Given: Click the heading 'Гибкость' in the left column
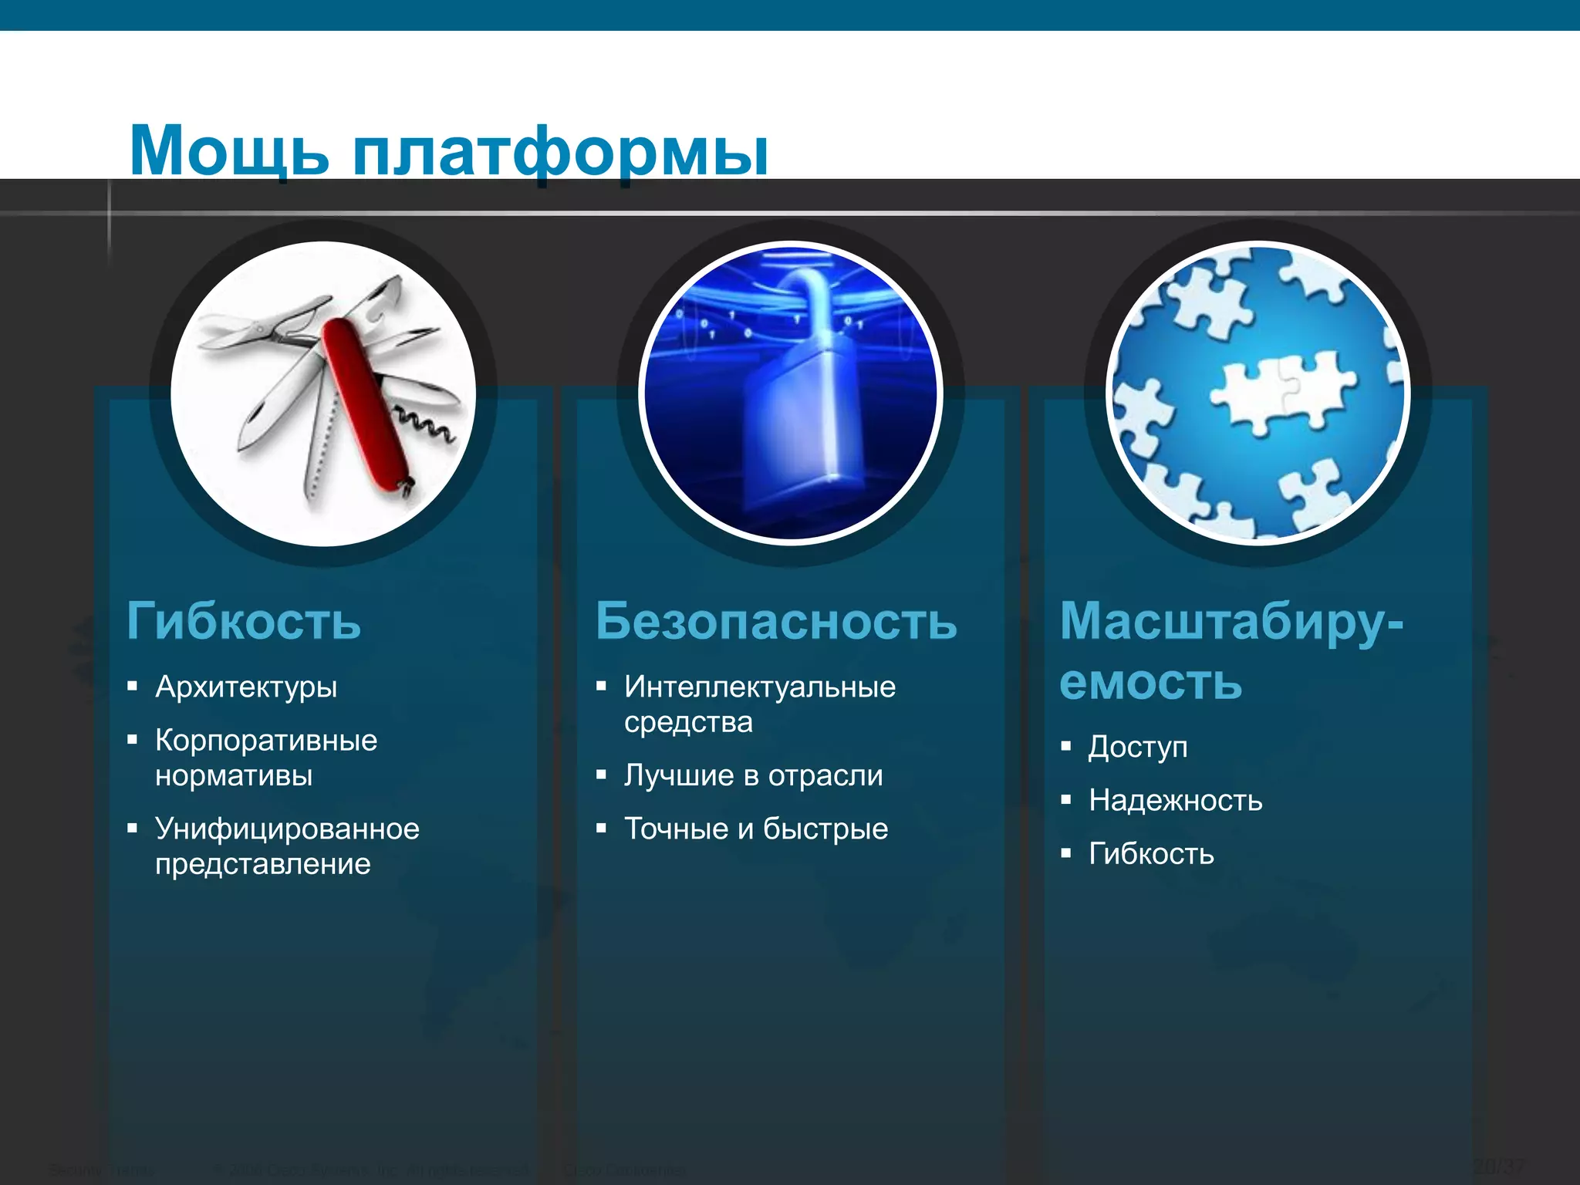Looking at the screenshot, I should click(x=244, y=620).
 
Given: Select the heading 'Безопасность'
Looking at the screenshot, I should click(x=776, y=620).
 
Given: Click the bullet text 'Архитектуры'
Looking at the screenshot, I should click(x=246, y=687).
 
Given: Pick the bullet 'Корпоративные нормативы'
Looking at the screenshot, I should click(x=266, y=758).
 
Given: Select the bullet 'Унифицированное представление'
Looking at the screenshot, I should click(x=287, y=846).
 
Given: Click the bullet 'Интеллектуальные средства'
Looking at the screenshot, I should click(x=759, y=704).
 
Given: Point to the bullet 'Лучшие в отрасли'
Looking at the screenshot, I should click(x=753, y=775).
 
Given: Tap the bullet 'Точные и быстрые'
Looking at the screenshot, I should click(x=756, y=829).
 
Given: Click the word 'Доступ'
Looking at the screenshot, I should click(x=1138, y=747).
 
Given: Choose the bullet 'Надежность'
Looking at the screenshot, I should click(x=1176, y=800).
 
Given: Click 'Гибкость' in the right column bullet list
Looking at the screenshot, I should click(x=1151, y=854).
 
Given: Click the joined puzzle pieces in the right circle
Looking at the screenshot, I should click(x=1281, y=390).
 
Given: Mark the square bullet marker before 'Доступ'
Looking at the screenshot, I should click(x=1066, y=746).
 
